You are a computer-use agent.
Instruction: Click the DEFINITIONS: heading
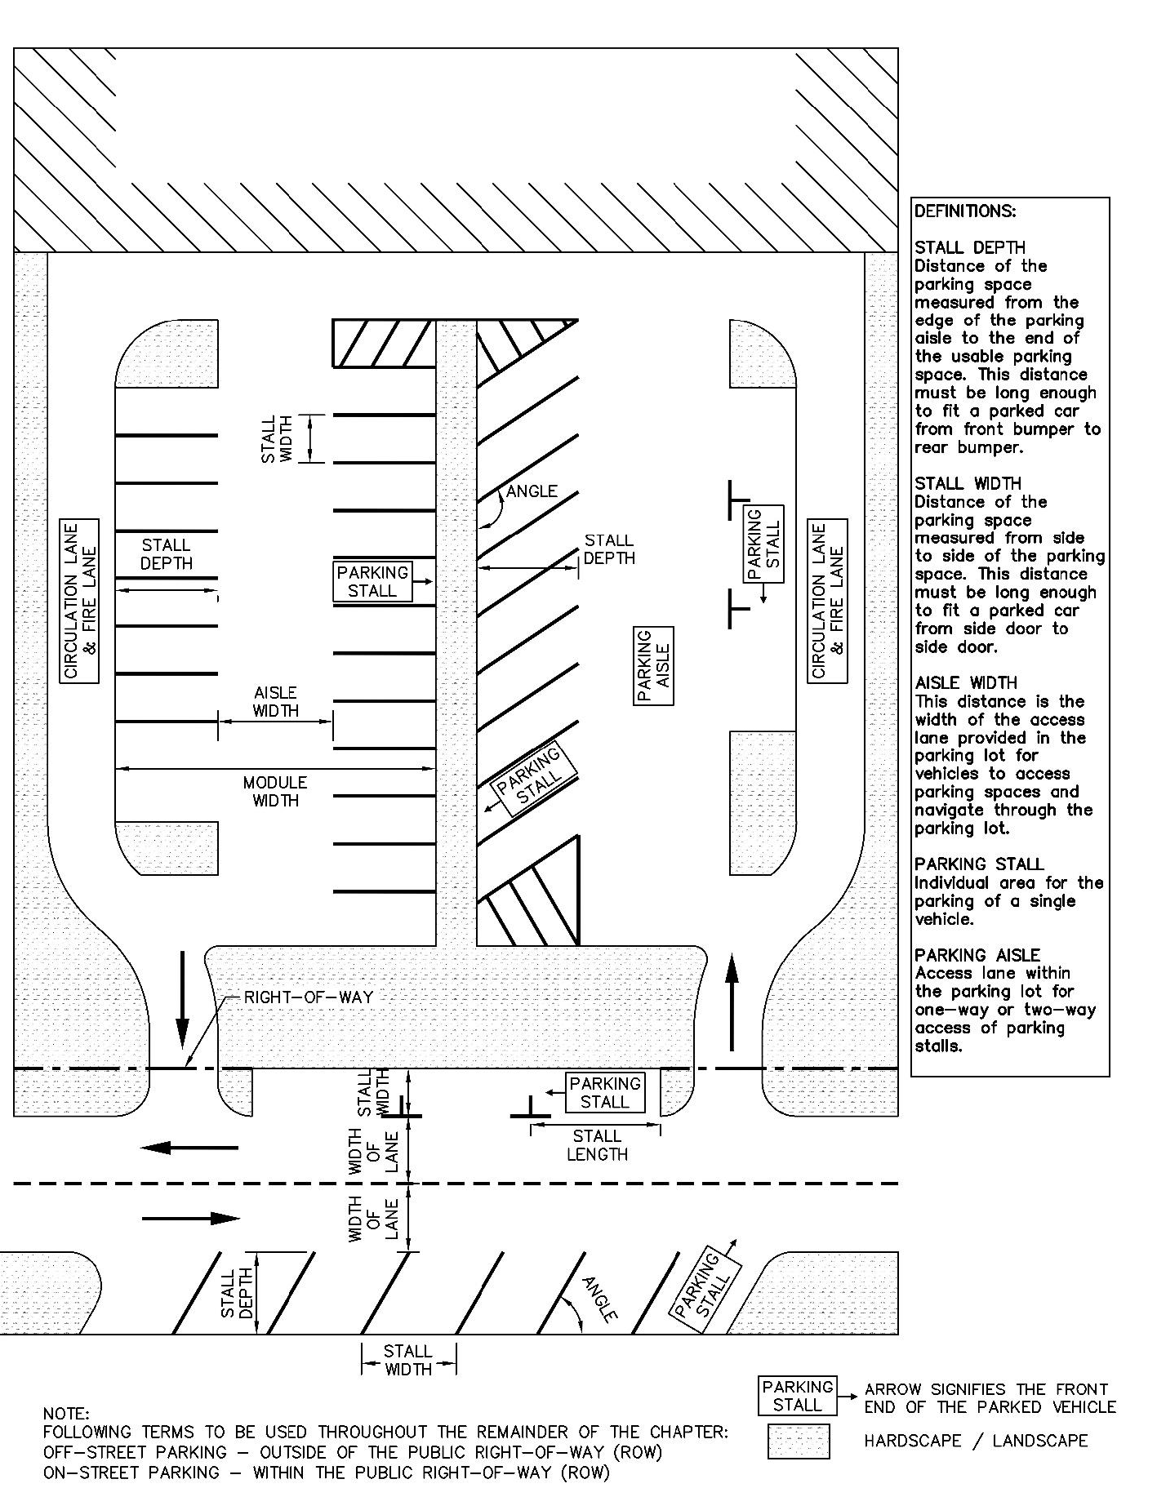pos(964,211)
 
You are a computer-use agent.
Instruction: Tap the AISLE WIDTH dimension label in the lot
pos(275,702)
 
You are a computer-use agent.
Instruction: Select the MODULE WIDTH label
pos(275,792)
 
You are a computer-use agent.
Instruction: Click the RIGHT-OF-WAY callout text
pos(309,997)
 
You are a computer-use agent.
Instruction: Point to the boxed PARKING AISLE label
pos(654,666)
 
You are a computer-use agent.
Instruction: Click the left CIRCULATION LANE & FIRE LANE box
pos(80,601)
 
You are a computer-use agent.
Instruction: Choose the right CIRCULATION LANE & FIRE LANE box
pos(827,601)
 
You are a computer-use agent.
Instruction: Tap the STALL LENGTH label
pos(597,1145)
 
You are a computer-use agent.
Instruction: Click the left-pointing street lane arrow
pos(189,1148)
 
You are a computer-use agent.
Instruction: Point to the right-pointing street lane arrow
pos(191,1219)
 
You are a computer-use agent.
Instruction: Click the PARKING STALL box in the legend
pos(798,1396)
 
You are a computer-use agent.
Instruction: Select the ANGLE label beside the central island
pos(532,491)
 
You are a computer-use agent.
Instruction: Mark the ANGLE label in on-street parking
pos(600,1299)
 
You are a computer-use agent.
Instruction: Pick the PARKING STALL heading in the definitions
pos(978,864)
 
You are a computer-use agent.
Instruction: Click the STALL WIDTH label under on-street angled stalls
pos(408,1360)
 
